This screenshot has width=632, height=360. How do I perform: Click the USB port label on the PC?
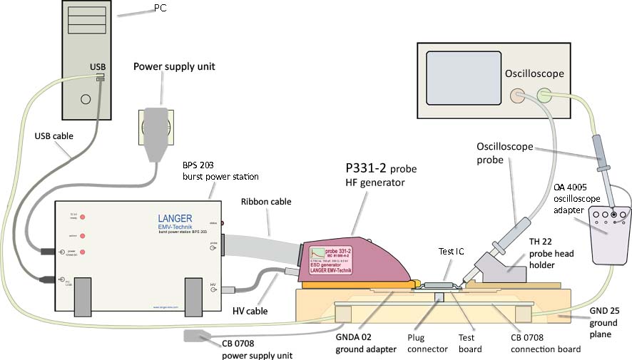(x=98, y=66)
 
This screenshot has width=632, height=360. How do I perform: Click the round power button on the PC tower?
(x=86, y=99)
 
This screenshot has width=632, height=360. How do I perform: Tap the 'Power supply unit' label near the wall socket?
(x=174, y=67)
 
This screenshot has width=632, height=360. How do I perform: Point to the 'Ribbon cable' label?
(x=265, y=202)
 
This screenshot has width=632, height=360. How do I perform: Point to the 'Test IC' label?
(x=452, y=251)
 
